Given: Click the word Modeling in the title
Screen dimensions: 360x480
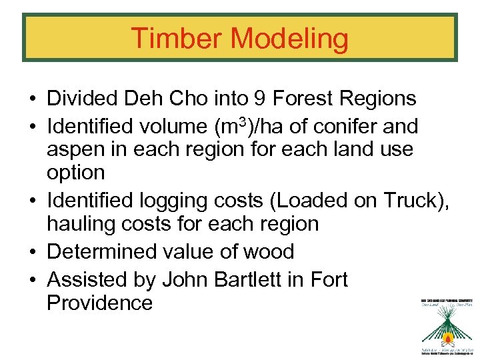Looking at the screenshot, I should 289,39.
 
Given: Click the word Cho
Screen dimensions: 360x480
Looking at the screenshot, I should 191,99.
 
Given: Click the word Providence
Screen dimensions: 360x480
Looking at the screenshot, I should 99,303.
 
